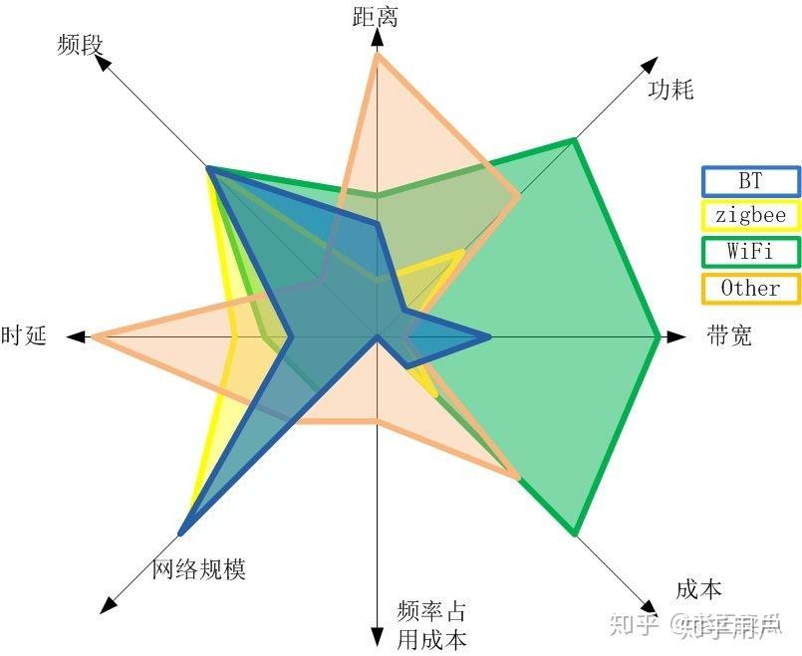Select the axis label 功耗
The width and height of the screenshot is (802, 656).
point(669,90)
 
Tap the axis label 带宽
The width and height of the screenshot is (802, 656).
point(729,335)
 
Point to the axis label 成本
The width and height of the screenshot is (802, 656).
point(698,589)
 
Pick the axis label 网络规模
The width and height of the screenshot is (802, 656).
point(198,569)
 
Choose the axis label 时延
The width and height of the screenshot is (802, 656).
point(24,335)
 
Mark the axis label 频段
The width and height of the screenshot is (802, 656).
point(81,44)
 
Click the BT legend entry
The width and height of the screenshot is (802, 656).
point(750,181)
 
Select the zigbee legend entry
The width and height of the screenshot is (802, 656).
point(750,216)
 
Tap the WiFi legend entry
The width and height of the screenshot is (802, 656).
point(750,251)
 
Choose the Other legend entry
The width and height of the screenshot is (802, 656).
point(750,288)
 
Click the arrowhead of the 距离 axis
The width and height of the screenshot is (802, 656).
point(377,37)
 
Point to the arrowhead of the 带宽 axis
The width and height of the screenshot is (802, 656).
point(677,336)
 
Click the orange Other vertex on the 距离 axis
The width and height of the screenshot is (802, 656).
point(377,56)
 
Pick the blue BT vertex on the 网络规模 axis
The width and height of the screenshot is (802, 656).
point(182,531)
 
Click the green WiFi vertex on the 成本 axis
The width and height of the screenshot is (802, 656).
point(574,533)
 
